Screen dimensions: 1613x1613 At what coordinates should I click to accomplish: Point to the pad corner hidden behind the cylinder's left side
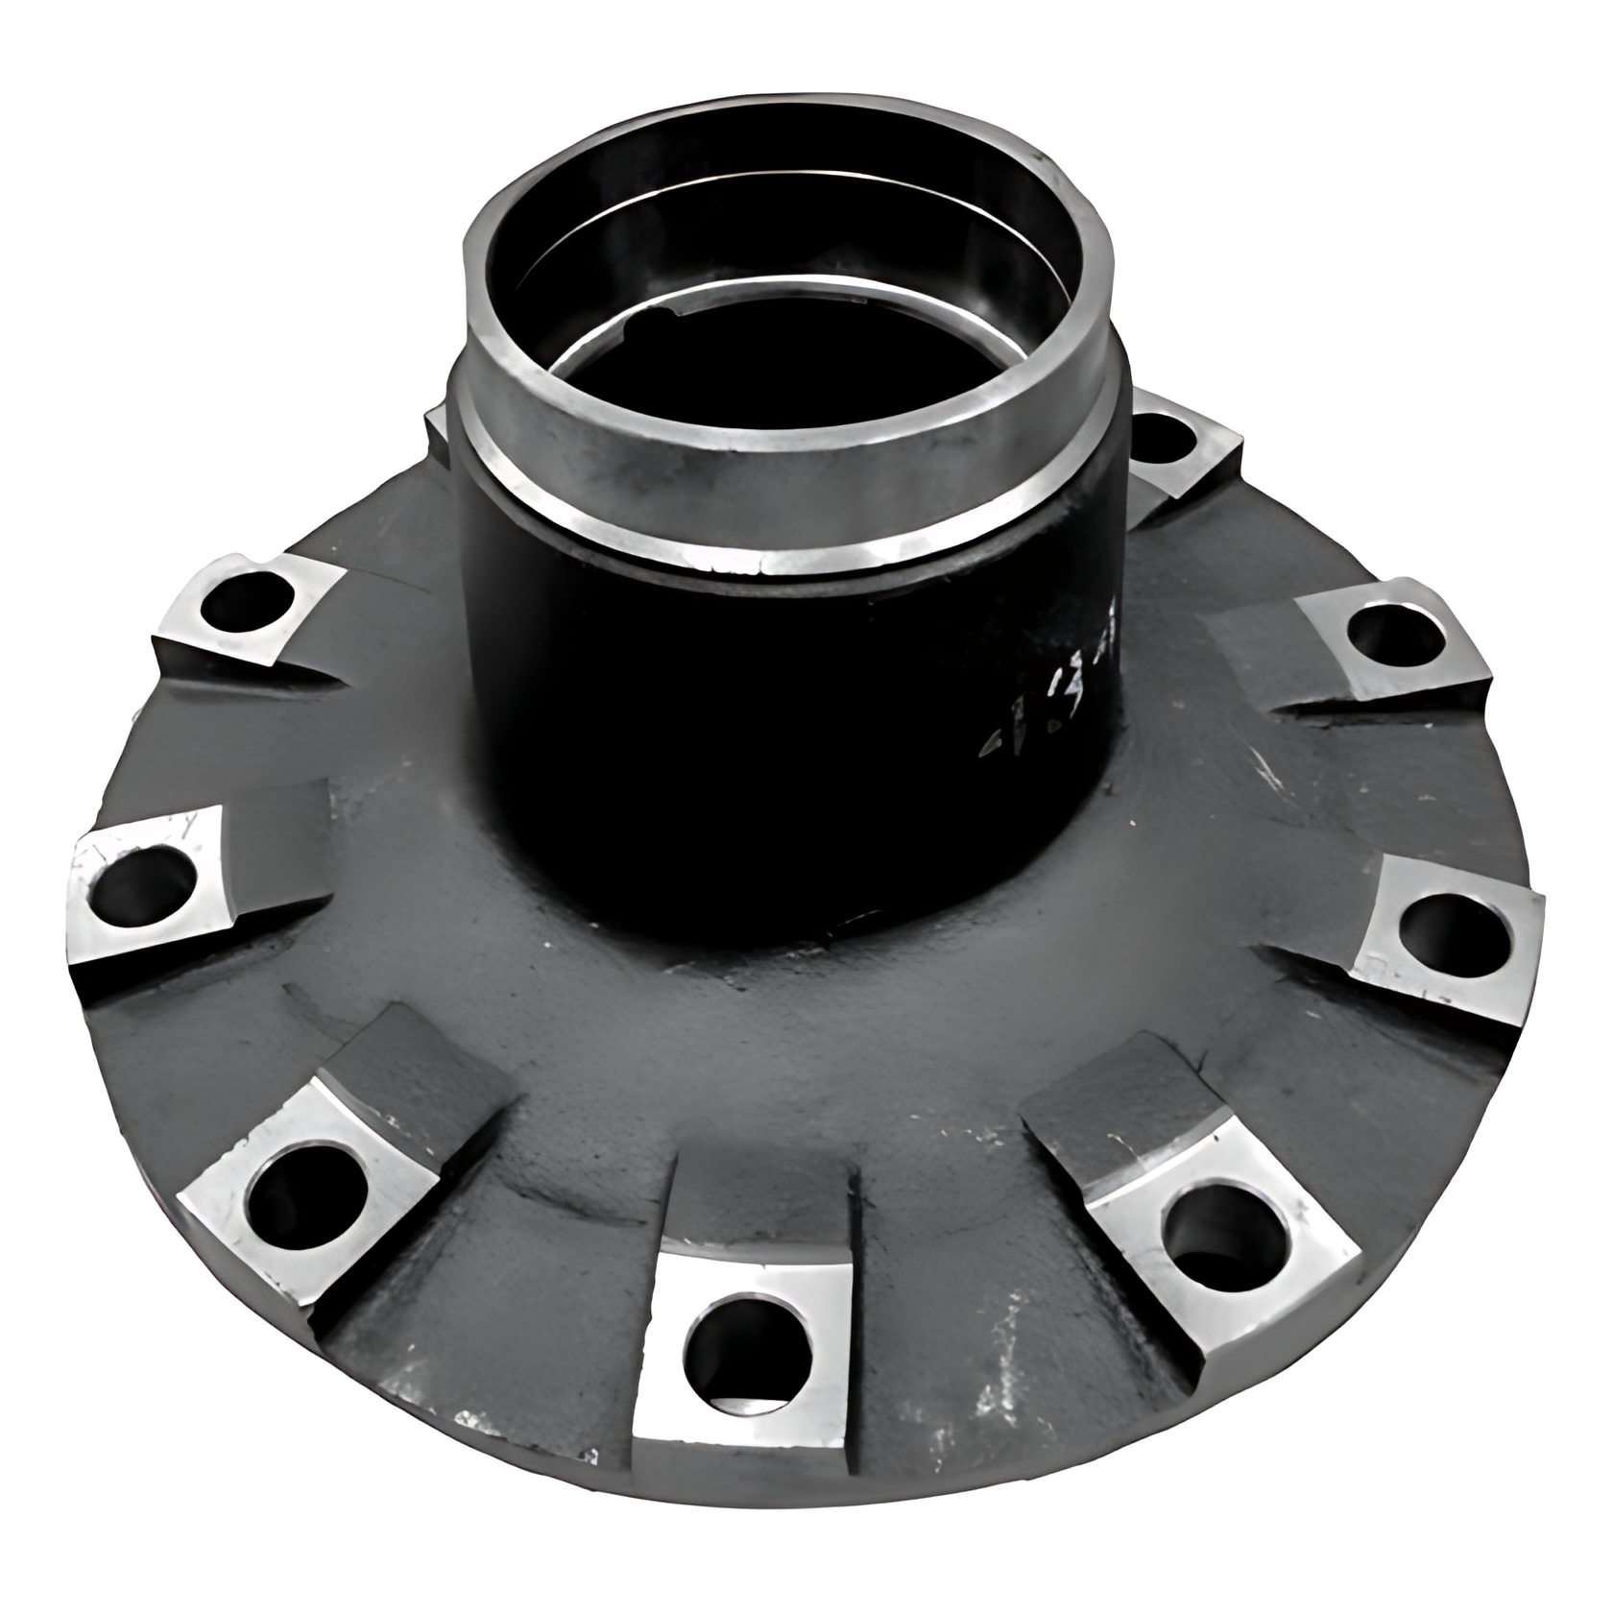tap(437, 427)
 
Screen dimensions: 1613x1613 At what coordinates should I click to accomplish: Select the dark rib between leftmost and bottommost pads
tap(422, 1066)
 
